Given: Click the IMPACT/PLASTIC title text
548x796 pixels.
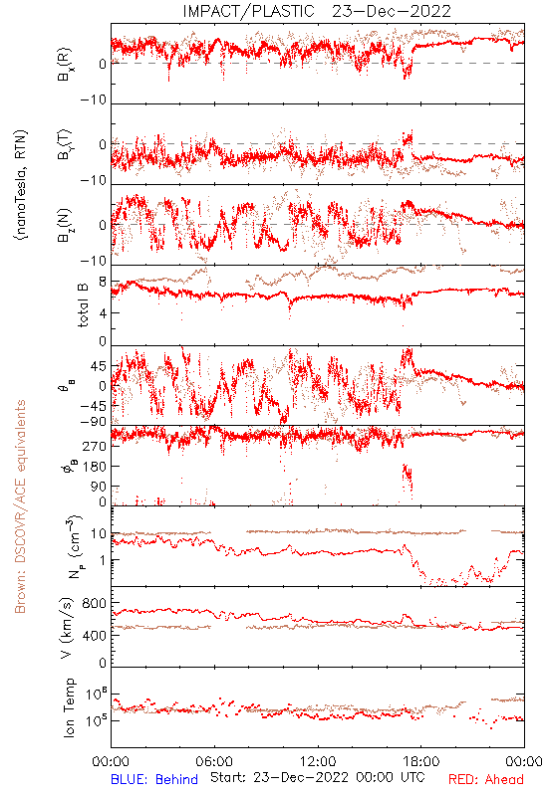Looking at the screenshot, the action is tap(248, 11).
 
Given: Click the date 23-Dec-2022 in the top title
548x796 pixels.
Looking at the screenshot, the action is tap(392, 11).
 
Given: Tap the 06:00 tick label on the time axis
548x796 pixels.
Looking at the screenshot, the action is tap(214, 761).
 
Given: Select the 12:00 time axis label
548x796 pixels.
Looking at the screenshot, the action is tap(318, 761).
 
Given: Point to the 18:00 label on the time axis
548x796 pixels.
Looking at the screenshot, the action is tap(421, 761).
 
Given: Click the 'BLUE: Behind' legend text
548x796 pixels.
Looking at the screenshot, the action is tap(154, 779).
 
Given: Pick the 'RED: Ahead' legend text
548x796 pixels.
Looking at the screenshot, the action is tap(486, 779).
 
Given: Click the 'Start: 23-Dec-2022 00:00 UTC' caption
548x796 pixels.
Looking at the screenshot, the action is tap(318, 777).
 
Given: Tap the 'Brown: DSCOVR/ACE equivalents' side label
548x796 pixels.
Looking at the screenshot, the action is tap(20, 506).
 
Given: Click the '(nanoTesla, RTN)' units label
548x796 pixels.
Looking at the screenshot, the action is tap(21, 185).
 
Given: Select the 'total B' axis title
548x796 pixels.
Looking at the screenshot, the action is tap(83, 305).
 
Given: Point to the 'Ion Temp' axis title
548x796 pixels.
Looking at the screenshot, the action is tap(69, 707).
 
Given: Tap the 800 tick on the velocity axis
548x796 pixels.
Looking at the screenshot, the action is tap(94, 603).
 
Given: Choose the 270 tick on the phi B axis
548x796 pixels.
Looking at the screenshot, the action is tap(94, 446).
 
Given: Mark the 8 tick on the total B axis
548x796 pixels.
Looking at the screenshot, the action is tap(103, 283).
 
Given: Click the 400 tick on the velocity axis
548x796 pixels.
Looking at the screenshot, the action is tap(94, 635).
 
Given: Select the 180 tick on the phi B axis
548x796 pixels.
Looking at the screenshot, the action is tap(94, 467).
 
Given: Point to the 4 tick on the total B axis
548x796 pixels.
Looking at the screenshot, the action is tap(103, 313).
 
